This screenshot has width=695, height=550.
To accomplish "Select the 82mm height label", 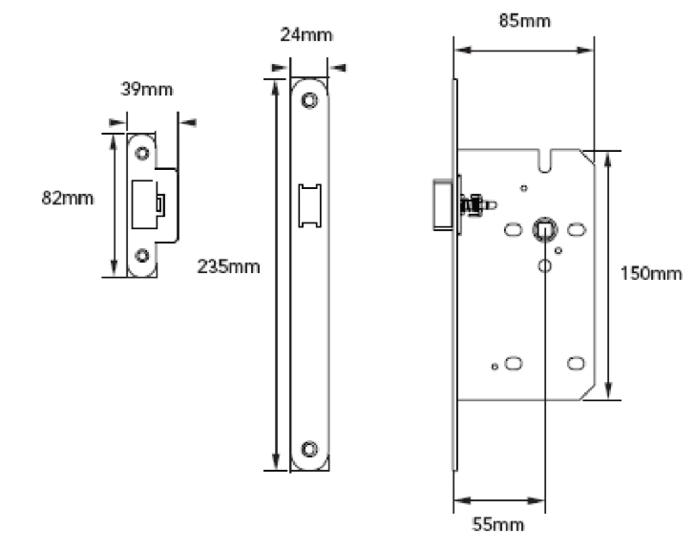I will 68,199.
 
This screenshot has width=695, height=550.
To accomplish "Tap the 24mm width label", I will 305,35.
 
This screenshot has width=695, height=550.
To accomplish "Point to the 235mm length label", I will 228,265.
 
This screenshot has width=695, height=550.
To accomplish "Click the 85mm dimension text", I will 524,20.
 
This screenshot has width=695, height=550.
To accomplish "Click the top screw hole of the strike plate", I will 142,153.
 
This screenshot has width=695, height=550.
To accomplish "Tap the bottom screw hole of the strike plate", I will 142,255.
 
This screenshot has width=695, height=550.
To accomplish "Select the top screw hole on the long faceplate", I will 309,99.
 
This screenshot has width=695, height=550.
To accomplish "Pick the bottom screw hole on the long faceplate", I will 309,448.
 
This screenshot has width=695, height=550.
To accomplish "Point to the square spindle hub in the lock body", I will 544,229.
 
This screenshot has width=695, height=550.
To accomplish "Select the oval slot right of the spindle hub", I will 577,229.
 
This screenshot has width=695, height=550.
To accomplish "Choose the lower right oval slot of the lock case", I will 577,362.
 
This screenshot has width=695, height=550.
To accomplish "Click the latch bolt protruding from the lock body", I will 442,203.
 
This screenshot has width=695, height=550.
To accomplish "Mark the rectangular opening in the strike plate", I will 146,203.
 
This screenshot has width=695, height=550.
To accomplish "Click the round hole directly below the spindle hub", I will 544,264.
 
